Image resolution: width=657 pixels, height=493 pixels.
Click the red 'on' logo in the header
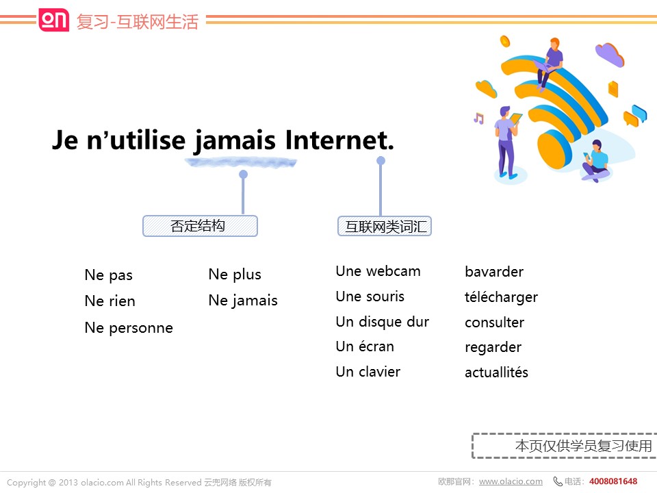point(53,20)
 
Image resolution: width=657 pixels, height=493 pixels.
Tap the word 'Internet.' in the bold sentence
point(339,140)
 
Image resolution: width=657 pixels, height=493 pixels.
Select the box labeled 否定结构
point(201,226)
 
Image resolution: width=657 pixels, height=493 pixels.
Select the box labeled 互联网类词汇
point(385,227)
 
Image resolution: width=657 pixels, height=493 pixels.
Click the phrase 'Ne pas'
point(109,275)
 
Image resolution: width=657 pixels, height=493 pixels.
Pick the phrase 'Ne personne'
point(129,328)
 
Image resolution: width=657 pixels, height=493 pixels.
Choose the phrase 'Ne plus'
point(235,275)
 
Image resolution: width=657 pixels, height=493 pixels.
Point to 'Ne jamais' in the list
point(243,301)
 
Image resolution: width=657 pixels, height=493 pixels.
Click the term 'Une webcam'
point(378,271)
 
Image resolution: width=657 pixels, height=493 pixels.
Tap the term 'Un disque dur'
point(383,322)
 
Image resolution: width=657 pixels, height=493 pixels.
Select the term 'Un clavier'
point(368,372)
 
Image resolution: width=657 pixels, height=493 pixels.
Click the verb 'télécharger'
point(501,297)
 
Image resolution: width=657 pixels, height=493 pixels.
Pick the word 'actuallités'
point(497,372)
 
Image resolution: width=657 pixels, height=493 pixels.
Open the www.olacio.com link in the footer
point(511,481)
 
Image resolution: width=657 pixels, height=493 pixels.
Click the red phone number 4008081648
point(613,481)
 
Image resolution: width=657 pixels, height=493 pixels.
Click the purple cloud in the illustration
point(610,55)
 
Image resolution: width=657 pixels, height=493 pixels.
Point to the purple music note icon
point(478,118)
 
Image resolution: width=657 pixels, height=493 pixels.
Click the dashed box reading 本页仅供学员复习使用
point(565,446)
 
